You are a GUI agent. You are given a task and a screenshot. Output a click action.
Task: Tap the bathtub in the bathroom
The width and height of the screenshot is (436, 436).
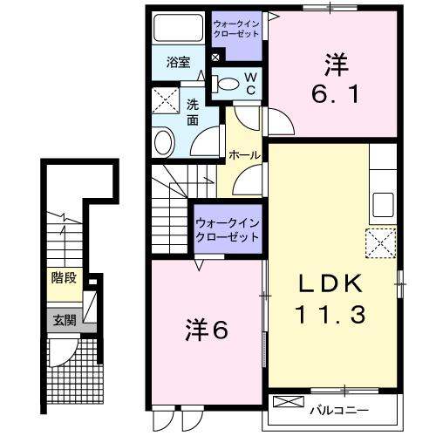coord(177,31)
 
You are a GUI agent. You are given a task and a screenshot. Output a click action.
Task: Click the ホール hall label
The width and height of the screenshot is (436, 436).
coord(243,154)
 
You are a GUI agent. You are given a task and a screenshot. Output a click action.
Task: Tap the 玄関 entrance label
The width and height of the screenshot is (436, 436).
coord(63,319)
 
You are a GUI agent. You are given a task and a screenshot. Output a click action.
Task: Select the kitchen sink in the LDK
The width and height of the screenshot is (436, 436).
coord(383,206)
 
